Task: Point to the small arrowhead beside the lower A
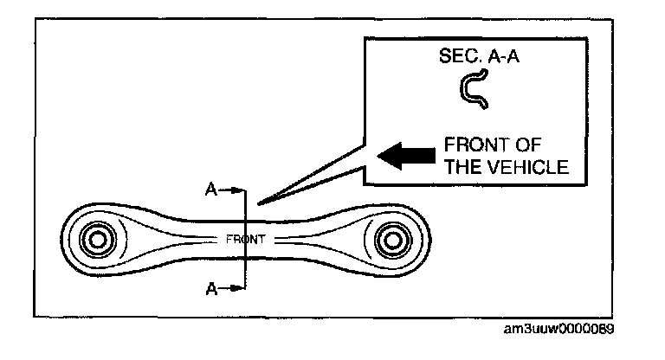click(236, 288)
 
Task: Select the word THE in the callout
click(466, 168)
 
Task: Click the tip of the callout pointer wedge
click(259, 204)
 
